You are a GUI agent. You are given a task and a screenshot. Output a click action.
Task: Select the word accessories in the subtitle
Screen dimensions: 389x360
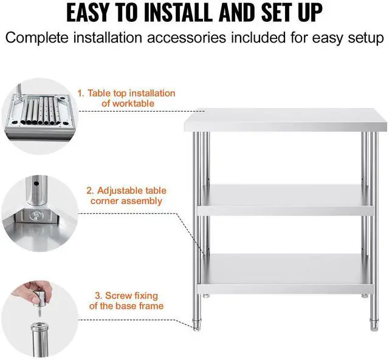187,38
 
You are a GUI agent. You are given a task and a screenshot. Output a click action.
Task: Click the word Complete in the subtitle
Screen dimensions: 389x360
36,38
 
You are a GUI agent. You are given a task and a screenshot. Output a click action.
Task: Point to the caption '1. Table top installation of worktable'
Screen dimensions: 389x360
126,98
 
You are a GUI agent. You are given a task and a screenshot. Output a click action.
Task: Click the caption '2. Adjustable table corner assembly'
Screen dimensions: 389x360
126,195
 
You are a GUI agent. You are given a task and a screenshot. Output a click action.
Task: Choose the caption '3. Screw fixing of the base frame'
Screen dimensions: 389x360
126,301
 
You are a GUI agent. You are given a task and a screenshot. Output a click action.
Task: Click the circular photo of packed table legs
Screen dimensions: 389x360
39,116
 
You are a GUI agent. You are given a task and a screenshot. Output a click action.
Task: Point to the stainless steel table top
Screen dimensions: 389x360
285,120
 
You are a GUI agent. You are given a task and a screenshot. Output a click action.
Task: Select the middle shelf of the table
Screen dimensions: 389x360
285,200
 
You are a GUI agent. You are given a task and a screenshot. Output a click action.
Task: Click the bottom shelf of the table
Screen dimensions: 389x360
285,273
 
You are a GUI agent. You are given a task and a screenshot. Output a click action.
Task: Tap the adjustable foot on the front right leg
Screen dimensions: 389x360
374,324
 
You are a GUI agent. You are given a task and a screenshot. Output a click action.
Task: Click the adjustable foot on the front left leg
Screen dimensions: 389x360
197,324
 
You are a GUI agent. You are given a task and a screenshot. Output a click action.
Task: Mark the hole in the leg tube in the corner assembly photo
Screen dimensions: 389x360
36,184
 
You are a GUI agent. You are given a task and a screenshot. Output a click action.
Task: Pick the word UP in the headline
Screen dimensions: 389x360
311,12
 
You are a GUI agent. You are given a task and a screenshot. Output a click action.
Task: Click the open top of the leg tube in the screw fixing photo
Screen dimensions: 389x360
39,325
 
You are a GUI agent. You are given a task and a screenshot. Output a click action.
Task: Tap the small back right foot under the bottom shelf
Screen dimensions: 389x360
365,295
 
